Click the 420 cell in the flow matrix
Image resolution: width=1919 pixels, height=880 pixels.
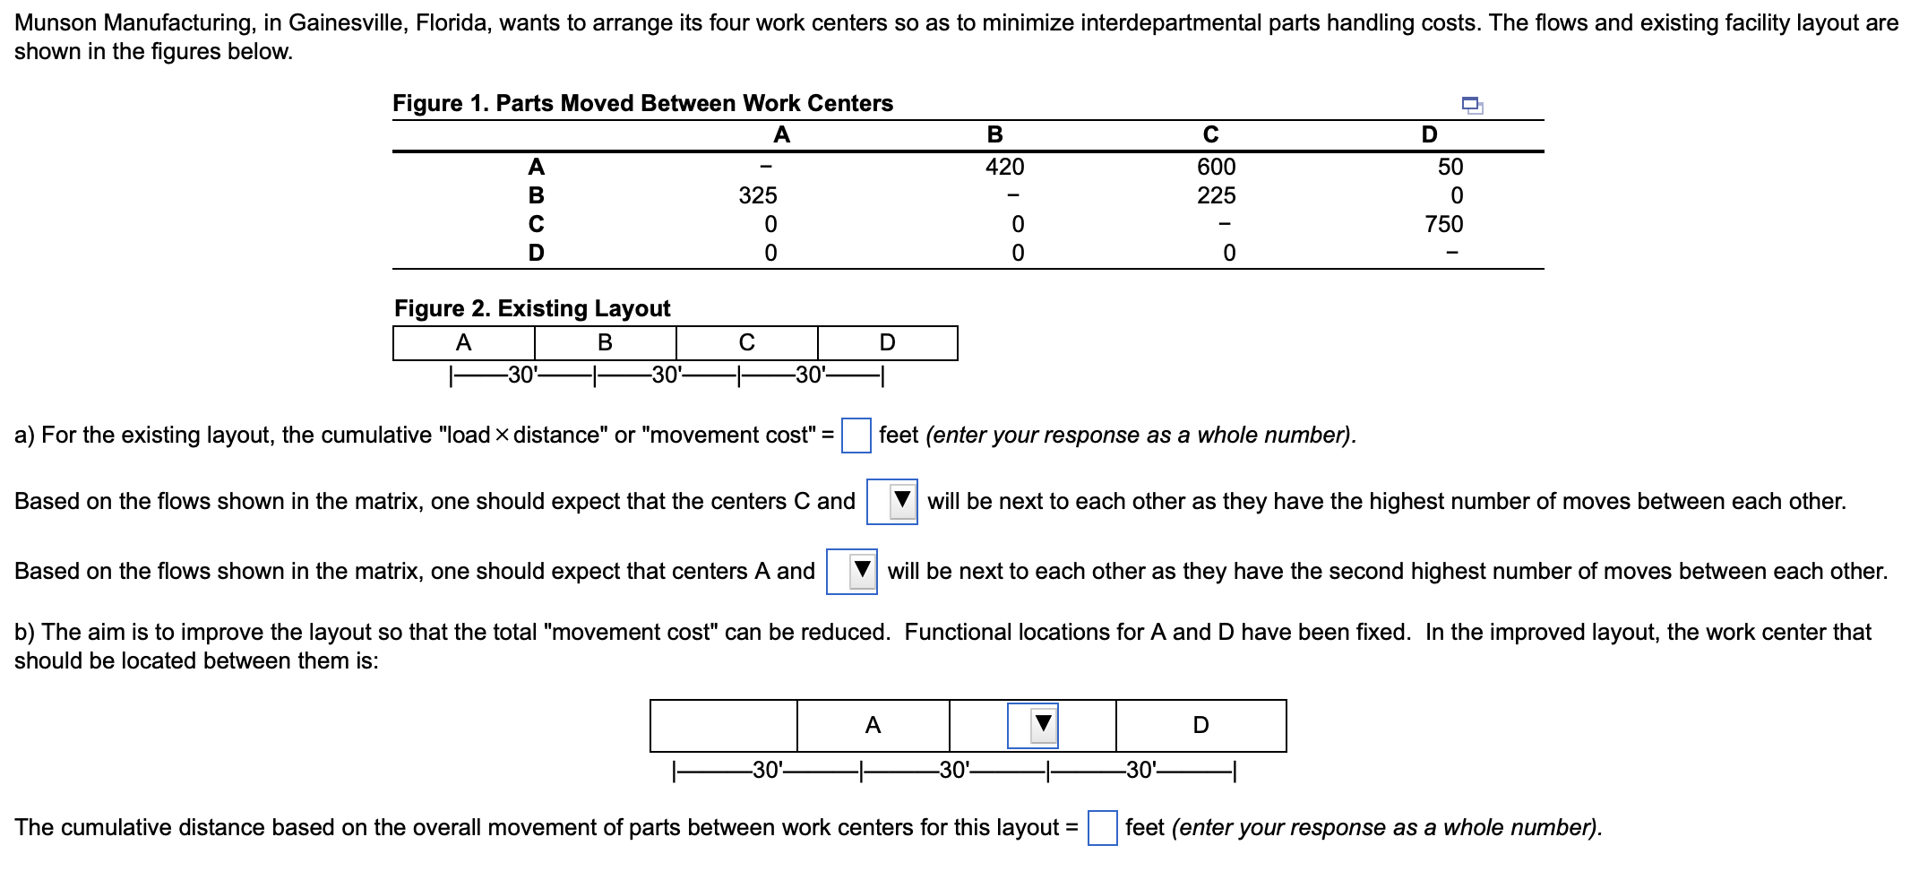(x=1004, y=167)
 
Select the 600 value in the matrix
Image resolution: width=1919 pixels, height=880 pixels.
(x=1216, y=167)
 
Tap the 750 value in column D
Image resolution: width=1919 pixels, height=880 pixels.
(x=1443, y=224)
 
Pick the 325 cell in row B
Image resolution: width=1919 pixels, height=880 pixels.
(x=758, y=195)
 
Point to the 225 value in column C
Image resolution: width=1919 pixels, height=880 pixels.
(x=1216, y=195)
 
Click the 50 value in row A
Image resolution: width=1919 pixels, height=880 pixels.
(x=1450, y=167)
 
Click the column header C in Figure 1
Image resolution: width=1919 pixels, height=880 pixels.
(x=1210, y=134)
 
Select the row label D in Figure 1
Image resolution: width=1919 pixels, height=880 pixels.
(x=536, y=253)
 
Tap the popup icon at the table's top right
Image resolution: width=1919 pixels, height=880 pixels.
(x=1472, y=106)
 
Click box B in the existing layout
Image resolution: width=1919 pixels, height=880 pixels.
(x=605, y=342)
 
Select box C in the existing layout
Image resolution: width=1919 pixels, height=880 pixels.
(x=746, y=342)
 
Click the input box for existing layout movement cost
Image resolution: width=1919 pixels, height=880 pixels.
(x=856, y=436)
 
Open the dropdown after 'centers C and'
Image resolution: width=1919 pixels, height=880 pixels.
(x=892, y=502)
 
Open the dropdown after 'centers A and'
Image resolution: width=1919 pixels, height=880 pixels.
(x=852, y=572)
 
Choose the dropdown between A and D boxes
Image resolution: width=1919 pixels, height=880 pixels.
(x=1033, y=726)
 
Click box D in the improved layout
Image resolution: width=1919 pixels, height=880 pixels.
(x=1200, y=726)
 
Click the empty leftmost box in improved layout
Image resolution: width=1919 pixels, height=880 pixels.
(x=723, y=726)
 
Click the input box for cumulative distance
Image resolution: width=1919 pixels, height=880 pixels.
(x=1102, y=828)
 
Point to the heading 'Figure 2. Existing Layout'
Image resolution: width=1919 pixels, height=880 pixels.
(x=532, y=308)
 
